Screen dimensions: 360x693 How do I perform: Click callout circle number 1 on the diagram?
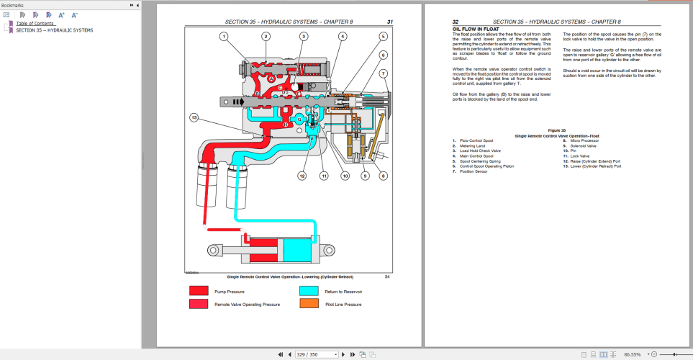224,36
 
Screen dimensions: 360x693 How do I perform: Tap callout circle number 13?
194,117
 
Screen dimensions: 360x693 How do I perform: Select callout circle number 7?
384,73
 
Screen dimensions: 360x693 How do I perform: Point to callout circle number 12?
302,176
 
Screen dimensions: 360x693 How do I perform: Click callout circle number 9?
365,176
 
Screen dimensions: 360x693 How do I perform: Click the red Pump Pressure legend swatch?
199,292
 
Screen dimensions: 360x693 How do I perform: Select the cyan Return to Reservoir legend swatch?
309,292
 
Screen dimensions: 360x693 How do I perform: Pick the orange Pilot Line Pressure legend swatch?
309,305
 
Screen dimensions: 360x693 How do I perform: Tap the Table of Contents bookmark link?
35,23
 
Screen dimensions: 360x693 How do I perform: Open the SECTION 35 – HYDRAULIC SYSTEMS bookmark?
55,30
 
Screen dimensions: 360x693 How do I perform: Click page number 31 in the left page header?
389,22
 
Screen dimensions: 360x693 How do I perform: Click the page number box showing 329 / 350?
317,354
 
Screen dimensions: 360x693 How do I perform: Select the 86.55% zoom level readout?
633,354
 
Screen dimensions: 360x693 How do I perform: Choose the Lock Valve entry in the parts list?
580,156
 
